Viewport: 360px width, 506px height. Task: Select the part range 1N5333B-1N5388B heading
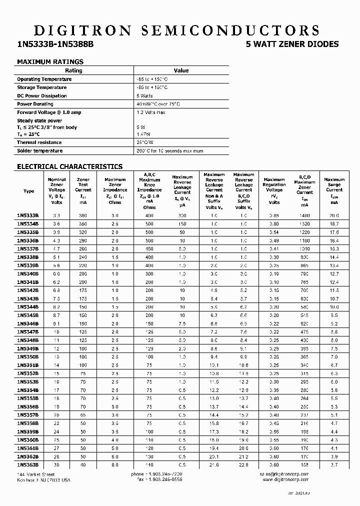(55, 44)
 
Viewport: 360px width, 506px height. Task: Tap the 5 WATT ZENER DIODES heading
(292, 44)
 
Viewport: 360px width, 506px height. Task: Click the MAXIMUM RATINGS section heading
(50, 62)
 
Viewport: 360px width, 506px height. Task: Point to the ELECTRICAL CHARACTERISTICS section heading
(69, 166)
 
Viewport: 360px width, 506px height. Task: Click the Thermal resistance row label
(40, 142)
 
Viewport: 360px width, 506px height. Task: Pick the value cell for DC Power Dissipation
(144, 95)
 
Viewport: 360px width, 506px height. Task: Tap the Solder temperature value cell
(169, 150)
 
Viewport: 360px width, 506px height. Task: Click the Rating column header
(74, 70)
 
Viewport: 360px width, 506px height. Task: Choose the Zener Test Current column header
(83, 190)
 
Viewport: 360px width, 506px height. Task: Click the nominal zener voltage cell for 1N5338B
(56, 257)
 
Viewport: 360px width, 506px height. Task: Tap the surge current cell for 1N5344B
(334, 307)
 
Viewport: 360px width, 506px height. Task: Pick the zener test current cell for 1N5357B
(83, 415)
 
